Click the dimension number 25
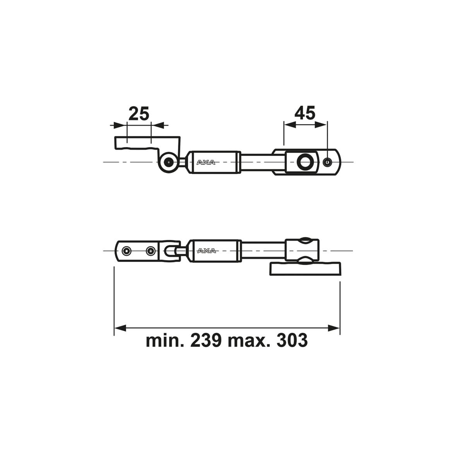coord(139,114)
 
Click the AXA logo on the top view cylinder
coord(206,163)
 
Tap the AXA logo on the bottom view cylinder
coord(206,251)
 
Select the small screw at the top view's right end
coord(327,162)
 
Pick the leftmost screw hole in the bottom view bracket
coord(126,251)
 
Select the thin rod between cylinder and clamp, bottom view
coord(263,251)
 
